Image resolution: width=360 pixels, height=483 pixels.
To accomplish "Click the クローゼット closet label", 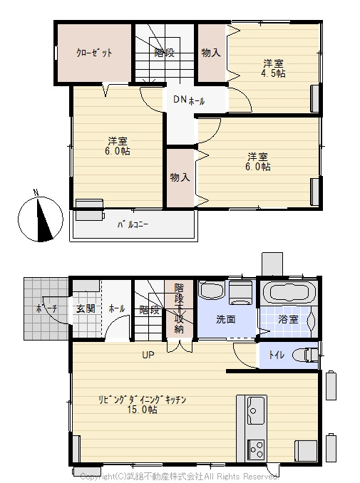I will tap(94, 53).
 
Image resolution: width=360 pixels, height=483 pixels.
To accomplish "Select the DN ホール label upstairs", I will tap(188, 100).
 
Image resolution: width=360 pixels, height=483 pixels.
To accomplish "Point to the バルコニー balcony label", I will tap(133, 225).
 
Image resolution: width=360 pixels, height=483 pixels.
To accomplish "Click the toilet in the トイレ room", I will tap(307, 355).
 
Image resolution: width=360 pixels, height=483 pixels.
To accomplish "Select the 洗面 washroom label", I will tap(227, 320).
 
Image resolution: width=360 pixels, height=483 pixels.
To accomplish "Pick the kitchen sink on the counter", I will tap(256, 410).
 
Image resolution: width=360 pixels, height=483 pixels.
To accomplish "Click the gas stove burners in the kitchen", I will tap(256, 450).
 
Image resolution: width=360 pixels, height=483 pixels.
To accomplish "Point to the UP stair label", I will tap(148, 354).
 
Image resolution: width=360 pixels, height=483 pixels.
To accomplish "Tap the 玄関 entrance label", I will tap(86, 309).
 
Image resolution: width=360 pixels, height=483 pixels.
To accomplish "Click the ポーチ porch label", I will tap(46, 309).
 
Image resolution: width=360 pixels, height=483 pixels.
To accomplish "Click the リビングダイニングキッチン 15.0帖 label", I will tap(142, 404).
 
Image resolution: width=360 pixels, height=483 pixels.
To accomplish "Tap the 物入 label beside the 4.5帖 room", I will tap(210, 53).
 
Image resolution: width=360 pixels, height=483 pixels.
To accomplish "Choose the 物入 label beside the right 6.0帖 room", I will tap(180, 177).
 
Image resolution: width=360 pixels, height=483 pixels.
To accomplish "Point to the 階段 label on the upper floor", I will tap(165, 53).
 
